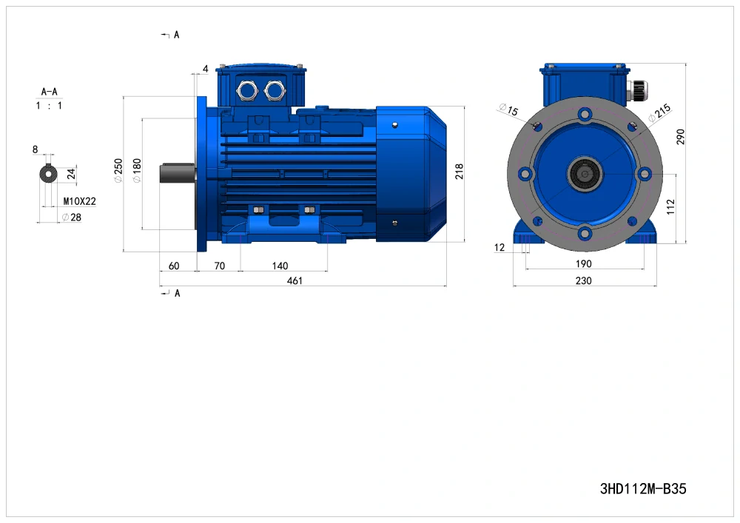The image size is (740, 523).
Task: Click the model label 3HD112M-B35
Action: pos(643,488)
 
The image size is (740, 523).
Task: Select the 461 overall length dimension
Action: pos(295,280)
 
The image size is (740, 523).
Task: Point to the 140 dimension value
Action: pos(280,266)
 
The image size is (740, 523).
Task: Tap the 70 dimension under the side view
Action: pos(220,266)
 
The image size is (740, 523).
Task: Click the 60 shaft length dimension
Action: pos(174,266)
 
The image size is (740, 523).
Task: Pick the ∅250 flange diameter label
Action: pos(118,171)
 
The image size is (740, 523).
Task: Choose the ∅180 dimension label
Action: pos(137,171)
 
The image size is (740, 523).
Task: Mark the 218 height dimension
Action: pos(460,171)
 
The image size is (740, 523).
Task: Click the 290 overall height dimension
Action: pos(680,137)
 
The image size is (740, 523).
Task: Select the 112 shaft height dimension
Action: pos(670,207)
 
